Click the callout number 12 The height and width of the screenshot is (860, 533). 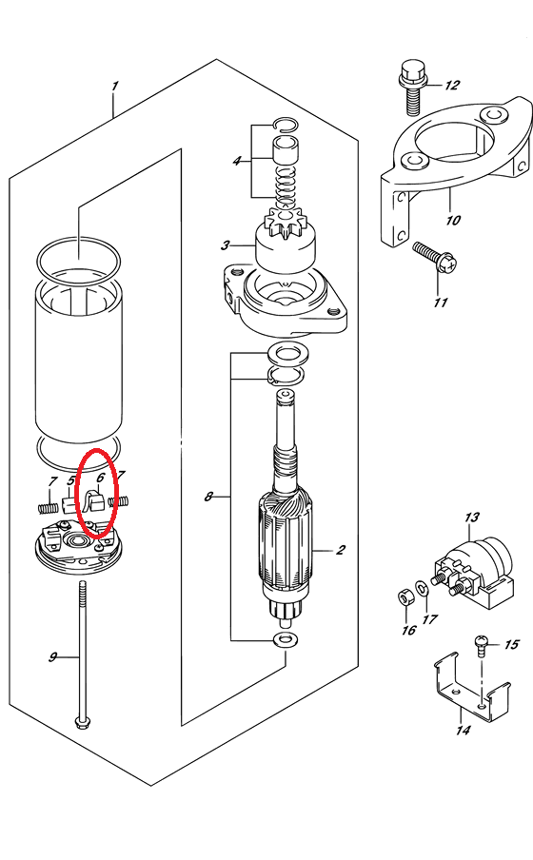click(452, 85)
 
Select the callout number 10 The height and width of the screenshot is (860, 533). click(453, 220)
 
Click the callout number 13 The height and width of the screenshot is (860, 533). click(471, 517)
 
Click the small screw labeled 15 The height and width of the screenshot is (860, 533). click(481, 646)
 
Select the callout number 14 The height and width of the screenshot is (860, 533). click(464, 730)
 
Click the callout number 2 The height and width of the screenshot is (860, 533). click(341, 550)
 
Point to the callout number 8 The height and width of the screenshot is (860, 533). click(208, 497)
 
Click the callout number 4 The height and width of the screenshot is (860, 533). click(237, 162)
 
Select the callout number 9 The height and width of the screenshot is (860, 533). click(52, 656)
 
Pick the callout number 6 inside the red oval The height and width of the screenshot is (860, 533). click(100, 478)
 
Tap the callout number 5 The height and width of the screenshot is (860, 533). click(70, 481)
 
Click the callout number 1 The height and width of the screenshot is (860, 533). click(115, 87)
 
